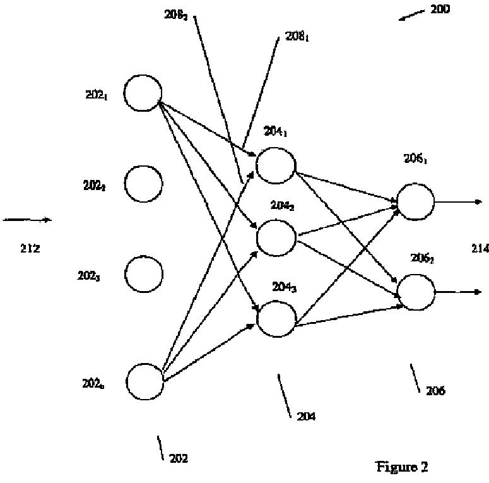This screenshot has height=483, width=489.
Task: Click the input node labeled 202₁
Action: click(143, 93)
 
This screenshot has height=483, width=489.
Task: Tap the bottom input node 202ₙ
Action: click(145, 381)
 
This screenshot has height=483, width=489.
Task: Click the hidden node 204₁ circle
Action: click(276, 165)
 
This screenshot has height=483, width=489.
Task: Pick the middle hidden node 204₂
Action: click(276, 238)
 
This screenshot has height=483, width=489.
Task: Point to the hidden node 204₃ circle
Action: click(276, 319)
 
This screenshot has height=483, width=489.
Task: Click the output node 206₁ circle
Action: click(415, 201)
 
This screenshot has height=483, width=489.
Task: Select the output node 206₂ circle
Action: click(416, 292)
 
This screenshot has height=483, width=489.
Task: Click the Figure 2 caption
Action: click(402, 467)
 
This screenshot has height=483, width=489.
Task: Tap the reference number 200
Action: click(440, 9)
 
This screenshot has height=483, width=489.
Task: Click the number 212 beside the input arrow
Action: click(30, 249)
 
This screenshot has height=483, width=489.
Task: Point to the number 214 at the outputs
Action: click(480, 249)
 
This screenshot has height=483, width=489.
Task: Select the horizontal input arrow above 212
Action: click(27, 220)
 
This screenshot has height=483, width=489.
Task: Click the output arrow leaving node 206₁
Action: click(458, 202)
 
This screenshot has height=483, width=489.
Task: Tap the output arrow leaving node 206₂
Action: click(458, 292)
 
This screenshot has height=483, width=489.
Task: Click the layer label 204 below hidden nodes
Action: click(306, 417)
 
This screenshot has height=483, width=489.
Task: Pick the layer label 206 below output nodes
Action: click(435, 391)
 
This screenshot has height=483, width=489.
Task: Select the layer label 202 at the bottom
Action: click(179, 459)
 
